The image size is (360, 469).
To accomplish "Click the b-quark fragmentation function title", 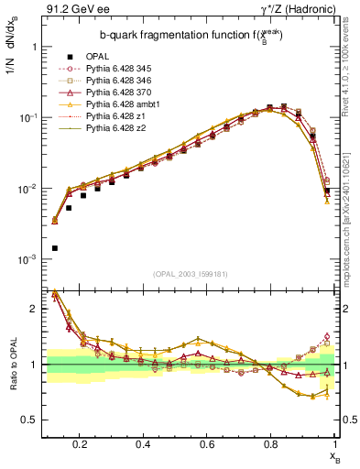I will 177,35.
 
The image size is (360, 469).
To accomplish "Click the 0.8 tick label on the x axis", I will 271,444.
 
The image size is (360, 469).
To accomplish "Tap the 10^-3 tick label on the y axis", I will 27,260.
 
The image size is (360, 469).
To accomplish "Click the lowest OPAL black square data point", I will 55,248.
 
